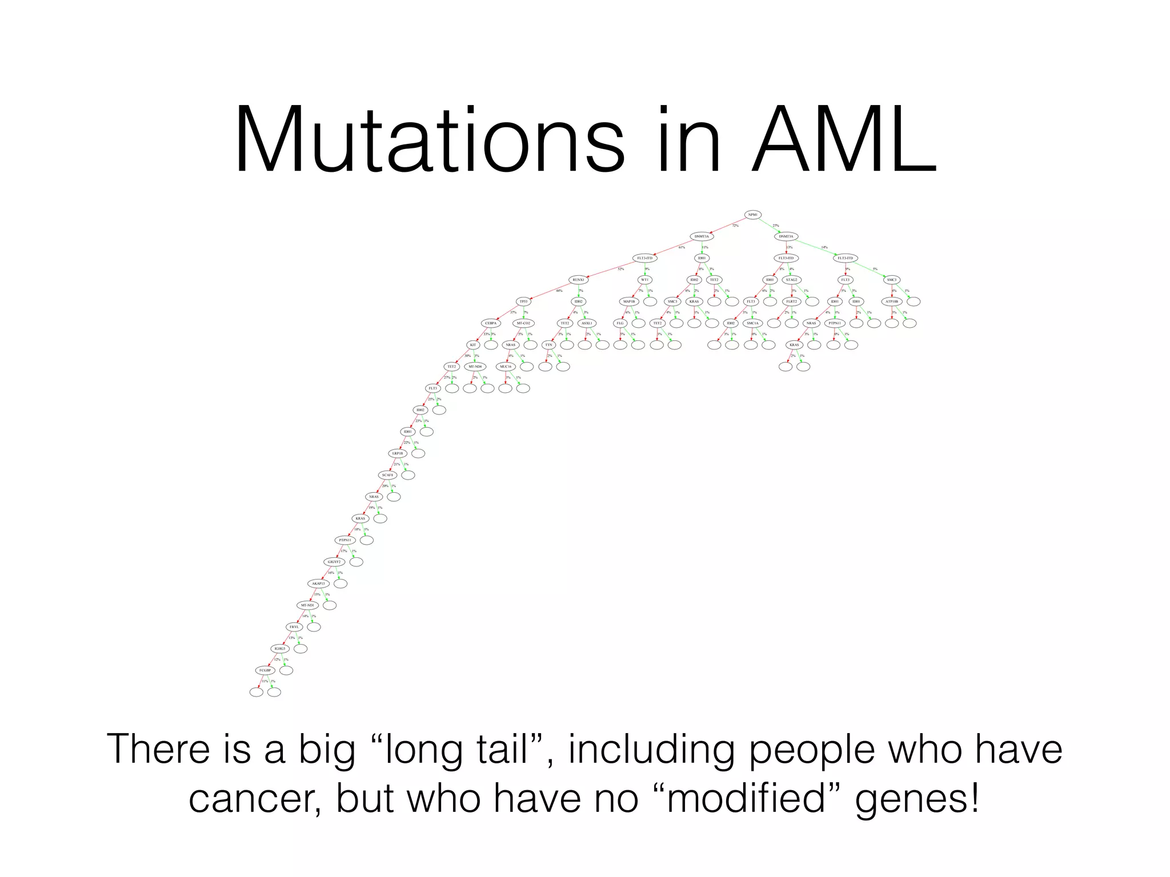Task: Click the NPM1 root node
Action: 752,215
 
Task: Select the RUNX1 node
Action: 579,280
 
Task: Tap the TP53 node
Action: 523,301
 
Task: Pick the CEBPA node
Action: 490,323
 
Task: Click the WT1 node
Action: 644,280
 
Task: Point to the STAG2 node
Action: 791,280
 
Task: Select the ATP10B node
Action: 892,301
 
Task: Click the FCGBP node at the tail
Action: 264,670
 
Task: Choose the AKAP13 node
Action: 318,584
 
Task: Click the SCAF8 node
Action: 388,475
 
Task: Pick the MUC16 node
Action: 506,367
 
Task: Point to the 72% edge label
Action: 735,226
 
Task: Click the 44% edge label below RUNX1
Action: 559,291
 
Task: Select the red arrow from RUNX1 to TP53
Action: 551,291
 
